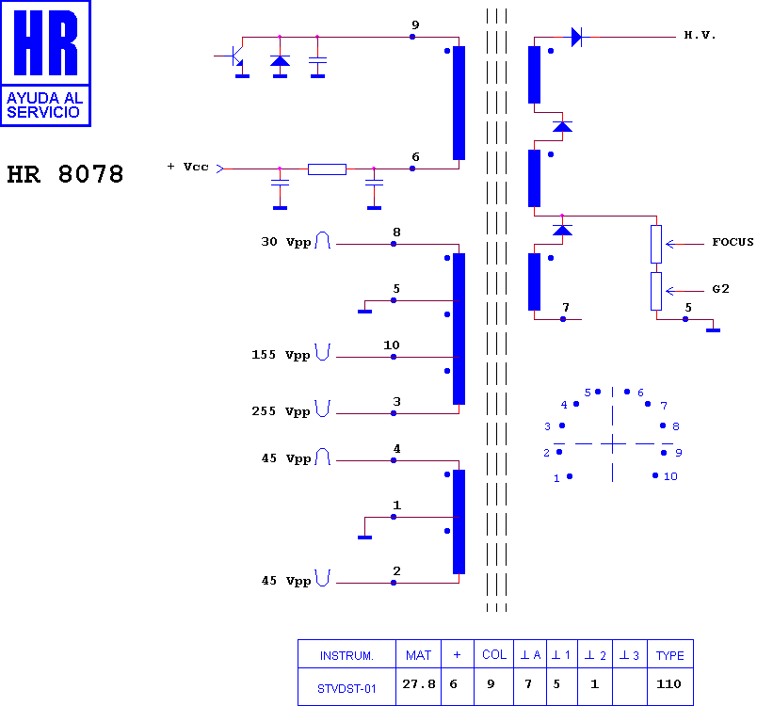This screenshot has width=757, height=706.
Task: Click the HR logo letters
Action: (x=45, y=42)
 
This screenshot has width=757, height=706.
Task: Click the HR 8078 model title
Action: (x=65, y=174)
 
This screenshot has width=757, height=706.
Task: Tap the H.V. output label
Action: (x=700, y=35)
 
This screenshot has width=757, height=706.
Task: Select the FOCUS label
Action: (x=733, y=242)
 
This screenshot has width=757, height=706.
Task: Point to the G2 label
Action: (x=720, y=289)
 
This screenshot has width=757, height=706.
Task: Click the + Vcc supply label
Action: (x=188, y=167)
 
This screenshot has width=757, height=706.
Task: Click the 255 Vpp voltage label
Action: (x=281, y=411)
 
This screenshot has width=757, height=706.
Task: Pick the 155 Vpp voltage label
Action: (x=281, y=355)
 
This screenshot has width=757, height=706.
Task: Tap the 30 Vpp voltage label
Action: (x=286, y=242)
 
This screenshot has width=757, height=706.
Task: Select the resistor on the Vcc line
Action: (x=327, y=168)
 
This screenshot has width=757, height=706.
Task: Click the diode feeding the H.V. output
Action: (x=576, y=37)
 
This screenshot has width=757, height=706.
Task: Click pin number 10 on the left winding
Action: (x=391, y=345)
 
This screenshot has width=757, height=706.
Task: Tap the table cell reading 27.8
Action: (x=419, y=683)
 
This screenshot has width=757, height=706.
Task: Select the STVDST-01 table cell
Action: (x=346, y=689)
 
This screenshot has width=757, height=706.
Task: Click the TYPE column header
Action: (x=669, y=655)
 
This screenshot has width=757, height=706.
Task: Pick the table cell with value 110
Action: (x=668, y=683)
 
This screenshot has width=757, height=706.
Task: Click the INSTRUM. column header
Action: (x=346, y=656)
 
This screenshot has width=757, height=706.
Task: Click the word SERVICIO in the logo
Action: (x=43, y=112)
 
